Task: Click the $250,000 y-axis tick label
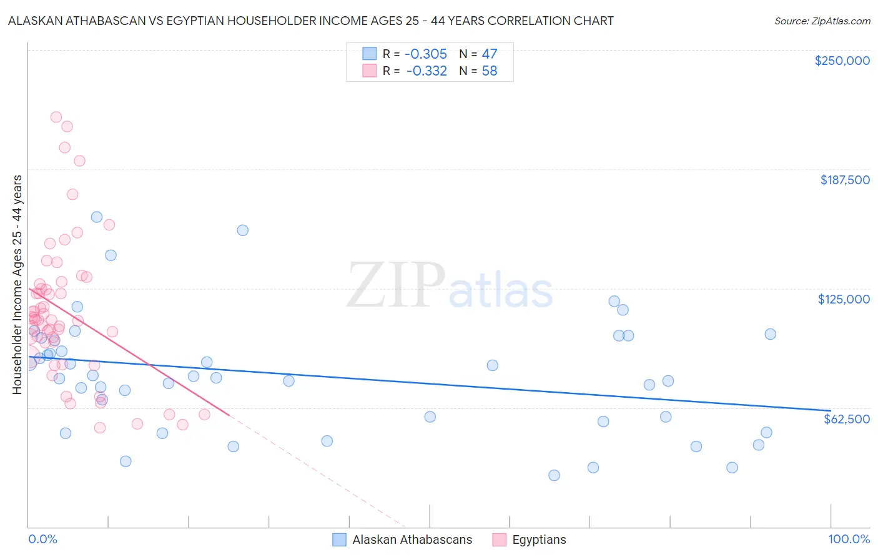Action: [842, 61]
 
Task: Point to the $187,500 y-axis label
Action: [844, 180]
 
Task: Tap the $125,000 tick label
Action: [844, 299]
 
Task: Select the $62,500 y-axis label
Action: [846, 419]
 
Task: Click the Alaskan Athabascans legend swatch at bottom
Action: [339, 540]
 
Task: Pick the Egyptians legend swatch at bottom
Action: [499, 540]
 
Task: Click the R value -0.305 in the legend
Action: [427, 54]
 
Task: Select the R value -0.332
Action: [427, 71]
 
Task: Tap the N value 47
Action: [489, 54]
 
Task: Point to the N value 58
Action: [489, 71]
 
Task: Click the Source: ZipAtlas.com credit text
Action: [822, 21]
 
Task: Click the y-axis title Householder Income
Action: [17, 285]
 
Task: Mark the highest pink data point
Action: [56, 117]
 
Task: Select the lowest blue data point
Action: [554, 475]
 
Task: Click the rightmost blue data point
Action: [770, 334]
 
